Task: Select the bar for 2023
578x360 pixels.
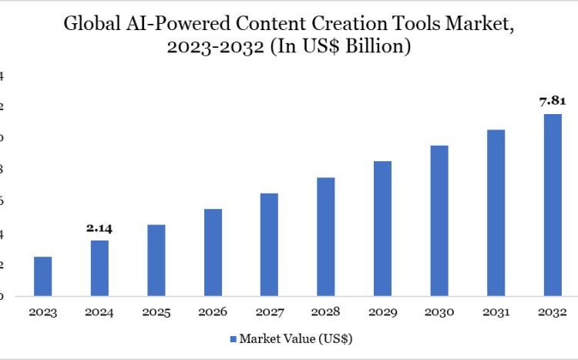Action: point(43,276)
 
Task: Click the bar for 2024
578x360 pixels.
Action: point(99,268)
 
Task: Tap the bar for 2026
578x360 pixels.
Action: point(213,252)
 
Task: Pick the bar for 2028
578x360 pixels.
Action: point(326,237)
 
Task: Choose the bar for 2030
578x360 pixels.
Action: point(439,220)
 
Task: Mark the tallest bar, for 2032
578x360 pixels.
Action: point(553,205)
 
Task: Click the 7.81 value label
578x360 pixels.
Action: point(553,100)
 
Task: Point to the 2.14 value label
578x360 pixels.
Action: point(99,228)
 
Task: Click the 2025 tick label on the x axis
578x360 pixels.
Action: point(156,312)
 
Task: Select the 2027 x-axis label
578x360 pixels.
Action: point(269,312)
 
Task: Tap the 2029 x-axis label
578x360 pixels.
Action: point(382,312)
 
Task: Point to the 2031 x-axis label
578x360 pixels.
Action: point(496,312)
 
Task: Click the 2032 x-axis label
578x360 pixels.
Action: point(553,312)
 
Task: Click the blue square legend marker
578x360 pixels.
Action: point(233,338)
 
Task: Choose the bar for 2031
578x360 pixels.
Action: point(496,213)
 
